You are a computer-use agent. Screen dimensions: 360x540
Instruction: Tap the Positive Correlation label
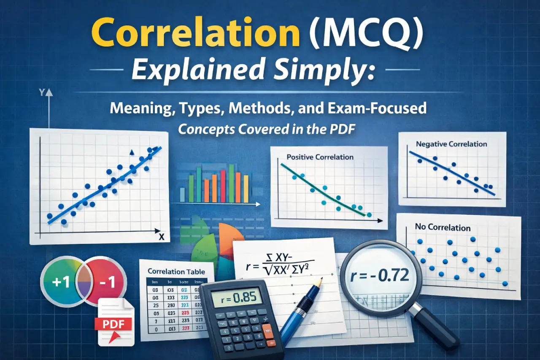(320, 157)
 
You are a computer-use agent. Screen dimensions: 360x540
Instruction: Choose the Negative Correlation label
(451, 144)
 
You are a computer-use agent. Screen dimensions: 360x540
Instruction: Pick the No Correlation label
(443, 227)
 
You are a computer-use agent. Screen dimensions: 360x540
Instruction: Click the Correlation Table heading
(177, 272)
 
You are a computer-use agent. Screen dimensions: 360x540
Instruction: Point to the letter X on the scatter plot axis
(161, 237)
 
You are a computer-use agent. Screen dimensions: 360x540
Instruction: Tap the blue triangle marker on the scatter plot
(132, 152)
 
